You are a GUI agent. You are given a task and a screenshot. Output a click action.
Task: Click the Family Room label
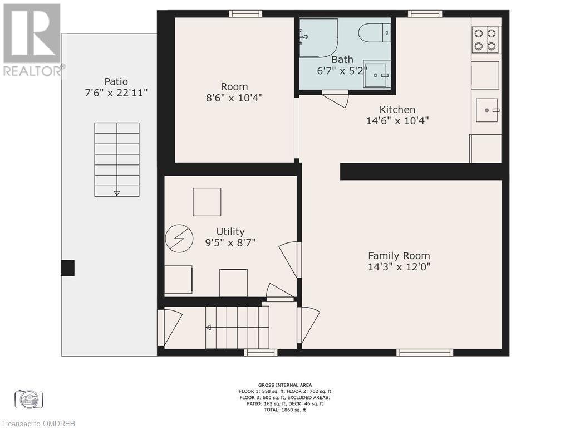[399, 255]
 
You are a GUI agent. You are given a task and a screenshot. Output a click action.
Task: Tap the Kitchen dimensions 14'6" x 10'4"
[397, 120]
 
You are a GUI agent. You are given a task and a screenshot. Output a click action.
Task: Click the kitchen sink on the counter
[488, 110]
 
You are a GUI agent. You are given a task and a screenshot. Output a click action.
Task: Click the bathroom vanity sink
[377, 74]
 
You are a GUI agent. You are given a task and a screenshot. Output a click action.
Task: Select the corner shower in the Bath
[318, 37]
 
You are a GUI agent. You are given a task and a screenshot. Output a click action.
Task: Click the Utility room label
[230, 231]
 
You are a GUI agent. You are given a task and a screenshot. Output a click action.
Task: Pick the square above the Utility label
[207, 202]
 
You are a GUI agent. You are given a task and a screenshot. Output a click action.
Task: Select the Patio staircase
[117, 159]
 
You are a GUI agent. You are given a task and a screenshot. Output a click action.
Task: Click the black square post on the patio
[67, 268]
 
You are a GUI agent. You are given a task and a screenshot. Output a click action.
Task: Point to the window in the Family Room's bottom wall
[425, 352]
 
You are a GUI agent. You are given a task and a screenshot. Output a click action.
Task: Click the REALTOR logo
[32, 39]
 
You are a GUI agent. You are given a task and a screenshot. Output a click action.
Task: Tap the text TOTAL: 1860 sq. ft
[284, 410]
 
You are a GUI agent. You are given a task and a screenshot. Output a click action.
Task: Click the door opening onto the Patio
[169, 327]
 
